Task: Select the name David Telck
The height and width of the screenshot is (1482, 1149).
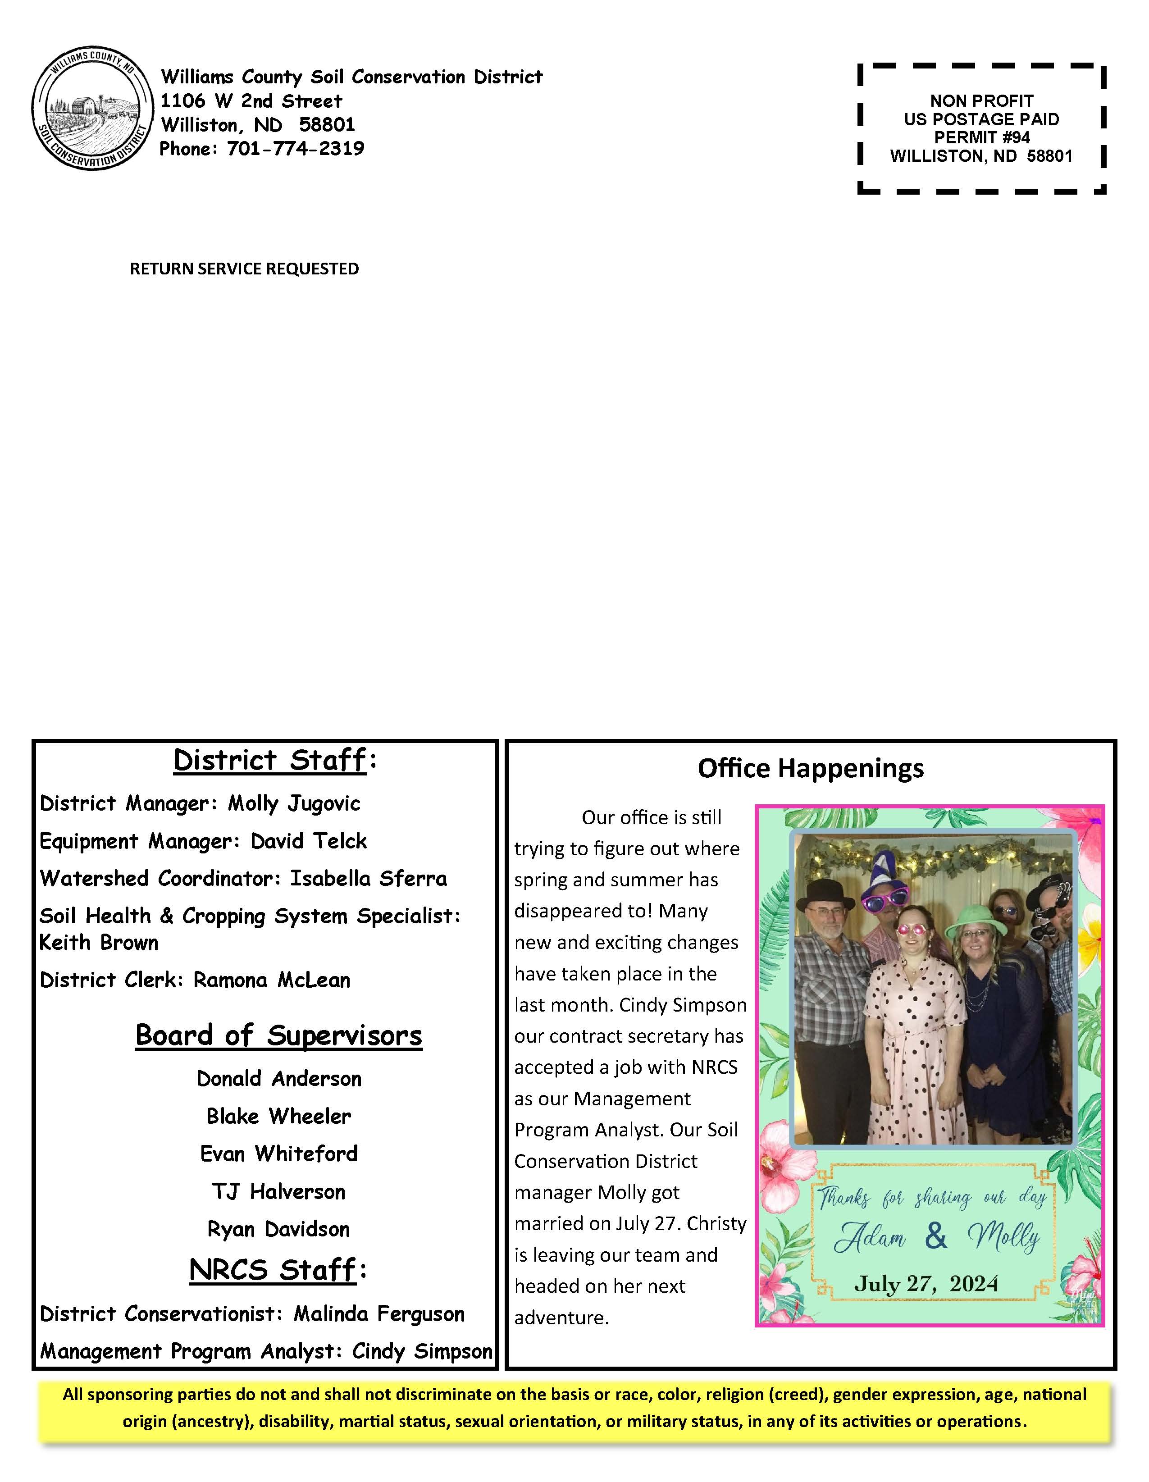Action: (309, 841)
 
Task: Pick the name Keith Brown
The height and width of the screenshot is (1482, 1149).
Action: (99, 943)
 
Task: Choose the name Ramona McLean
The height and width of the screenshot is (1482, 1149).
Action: (271, 980)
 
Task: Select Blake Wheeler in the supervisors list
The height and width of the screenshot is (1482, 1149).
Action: (278, 1116)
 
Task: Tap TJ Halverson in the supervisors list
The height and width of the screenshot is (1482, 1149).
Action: (278, 1191)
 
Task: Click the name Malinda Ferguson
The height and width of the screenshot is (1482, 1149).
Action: (378, 1314)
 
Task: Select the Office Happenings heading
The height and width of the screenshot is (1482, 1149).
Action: (810, 768)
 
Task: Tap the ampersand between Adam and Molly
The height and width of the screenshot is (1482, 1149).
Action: (936, 1236)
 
